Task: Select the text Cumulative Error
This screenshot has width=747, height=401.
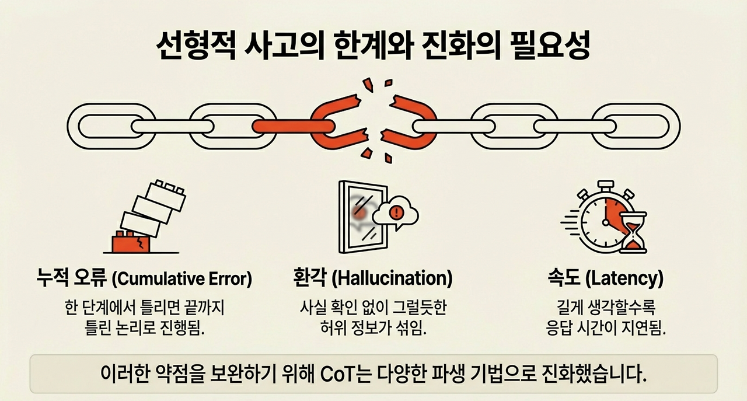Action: (181, 279)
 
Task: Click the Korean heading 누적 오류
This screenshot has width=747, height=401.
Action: (71, 279)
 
